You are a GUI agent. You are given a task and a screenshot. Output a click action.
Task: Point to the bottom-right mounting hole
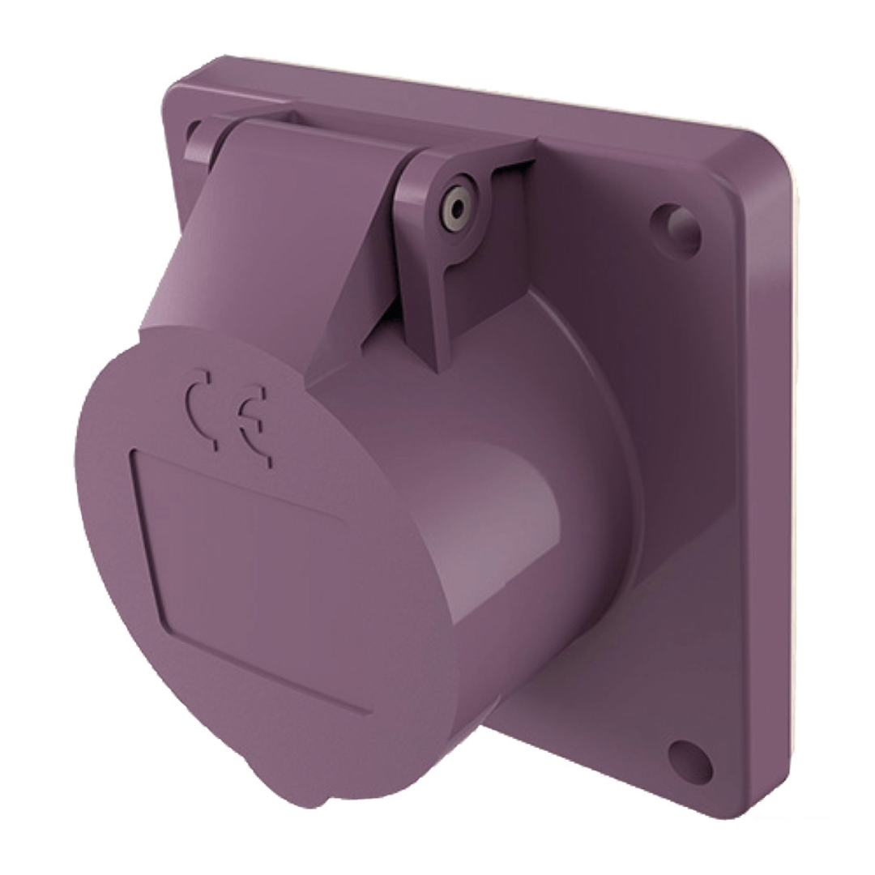click(x=689, y=759)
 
